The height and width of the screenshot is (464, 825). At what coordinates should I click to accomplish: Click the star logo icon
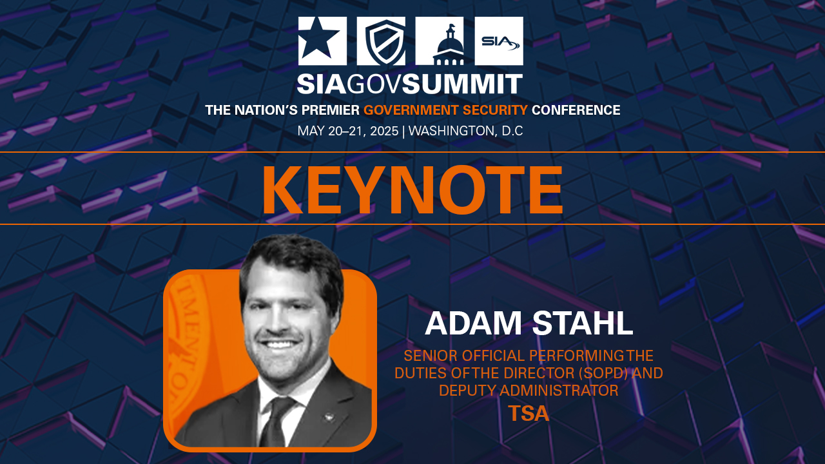[322, 41]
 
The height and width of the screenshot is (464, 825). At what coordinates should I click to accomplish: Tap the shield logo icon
[381, 41]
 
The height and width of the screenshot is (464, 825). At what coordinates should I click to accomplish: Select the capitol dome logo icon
[440, 41]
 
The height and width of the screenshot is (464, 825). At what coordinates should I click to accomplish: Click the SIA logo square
[498, 41]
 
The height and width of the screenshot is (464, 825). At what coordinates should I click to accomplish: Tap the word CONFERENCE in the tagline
[576, 110]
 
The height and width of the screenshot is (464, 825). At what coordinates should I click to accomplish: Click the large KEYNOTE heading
[412, 190]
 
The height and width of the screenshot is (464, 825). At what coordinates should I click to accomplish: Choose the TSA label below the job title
[529, 413]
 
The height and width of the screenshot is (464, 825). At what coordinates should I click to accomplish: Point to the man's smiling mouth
[280, 345]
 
